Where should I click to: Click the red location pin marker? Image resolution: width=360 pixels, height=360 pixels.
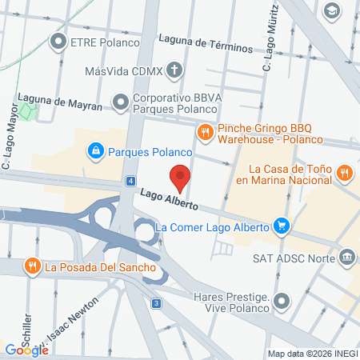coord(181,176)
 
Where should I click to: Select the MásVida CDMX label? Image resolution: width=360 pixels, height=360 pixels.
coord(124,71)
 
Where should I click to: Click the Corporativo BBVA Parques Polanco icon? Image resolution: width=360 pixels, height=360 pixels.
coord(121,102)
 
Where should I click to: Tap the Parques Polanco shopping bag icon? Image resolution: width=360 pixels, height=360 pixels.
coord(95,150)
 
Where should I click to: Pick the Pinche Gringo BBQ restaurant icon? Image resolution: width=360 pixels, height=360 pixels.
coord(205,131)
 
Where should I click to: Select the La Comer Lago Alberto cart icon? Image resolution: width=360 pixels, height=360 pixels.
coord(281,226)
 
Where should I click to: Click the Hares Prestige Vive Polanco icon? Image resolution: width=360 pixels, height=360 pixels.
coord(281,302)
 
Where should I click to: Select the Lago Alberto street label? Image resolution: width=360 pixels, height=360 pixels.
coord(169,198)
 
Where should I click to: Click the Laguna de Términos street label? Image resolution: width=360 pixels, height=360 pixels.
coord(206,42)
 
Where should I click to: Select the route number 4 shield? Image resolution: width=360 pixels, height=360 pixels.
coord(130,182)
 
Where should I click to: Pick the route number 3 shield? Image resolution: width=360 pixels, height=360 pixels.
coord(157,303)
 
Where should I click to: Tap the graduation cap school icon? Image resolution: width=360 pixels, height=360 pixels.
coord(331,10)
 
